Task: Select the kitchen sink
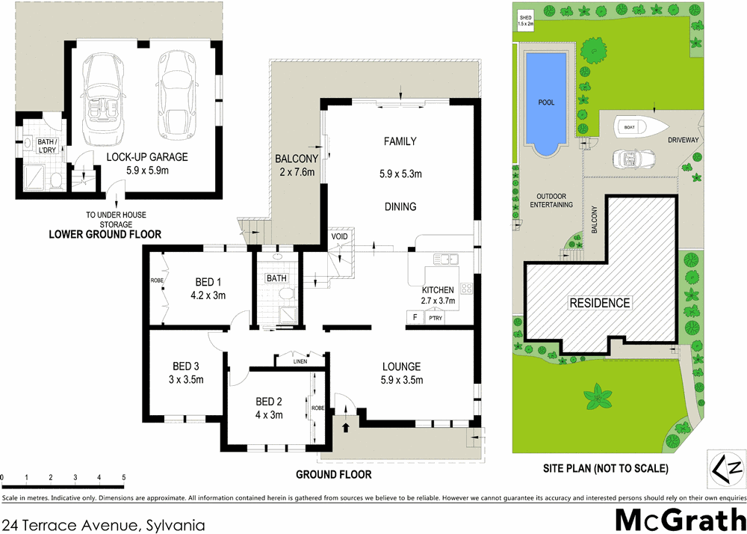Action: [x=446, y=260]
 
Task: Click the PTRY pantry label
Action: [x=435, y=319]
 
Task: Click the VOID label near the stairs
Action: [x=340, y=236]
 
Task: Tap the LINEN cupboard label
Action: [x=300, y=361]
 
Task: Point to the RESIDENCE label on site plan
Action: [x=600, y=303]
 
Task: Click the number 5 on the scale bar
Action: [x=123, y=476]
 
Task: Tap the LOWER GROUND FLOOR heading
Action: [x=105, y=234]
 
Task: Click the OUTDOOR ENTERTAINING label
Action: [x=551, y=200]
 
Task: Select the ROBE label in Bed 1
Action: [x=157, y=281]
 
